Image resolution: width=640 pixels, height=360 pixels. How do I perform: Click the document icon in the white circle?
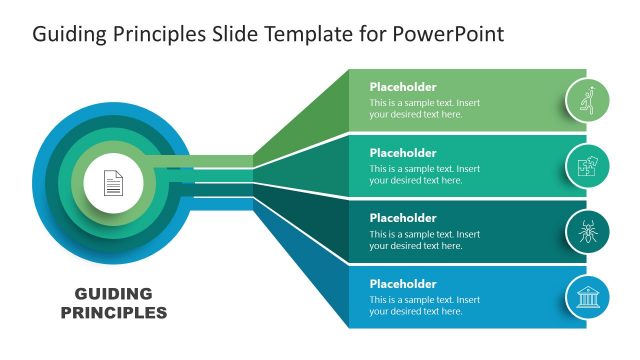pyautogui.click(x=113, y=183)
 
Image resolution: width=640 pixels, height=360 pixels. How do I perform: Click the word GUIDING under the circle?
pyautogui.click(x=113, y=294)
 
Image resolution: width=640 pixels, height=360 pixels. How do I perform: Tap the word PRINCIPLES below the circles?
pyautogui.click(x=113, y=312)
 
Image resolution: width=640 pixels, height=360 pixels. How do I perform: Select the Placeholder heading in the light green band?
pyautogui.click(x=402, y=87)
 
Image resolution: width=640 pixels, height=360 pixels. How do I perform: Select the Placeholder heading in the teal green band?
pyautogui.click(x=402, y=153)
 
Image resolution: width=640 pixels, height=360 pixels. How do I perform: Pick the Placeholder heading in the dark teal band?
pyautogui.click(x=402, y=218)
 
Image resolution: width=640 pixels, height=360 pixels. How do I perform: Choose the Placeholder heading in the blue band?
pyautogui.click(x=402, y=284)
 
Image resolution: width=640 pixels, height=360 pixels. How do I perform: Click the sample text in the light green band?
pyautogui.click(x=424, y=108)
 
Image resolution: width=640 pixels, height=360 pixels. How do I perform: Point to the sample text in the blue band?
pyautogui.click(x=424, y=306)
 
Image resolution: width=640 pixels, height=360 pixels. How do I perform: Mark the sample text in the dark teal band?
pyautogui.click(x=424, y=240)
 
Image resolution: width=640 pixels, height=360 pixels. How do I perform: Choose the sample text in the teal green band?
pyautogui.click(x=424, y=175)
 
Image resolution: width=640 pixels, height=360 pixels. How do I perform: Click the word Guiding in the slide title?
pyautogui.click(x=67, y=35)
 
